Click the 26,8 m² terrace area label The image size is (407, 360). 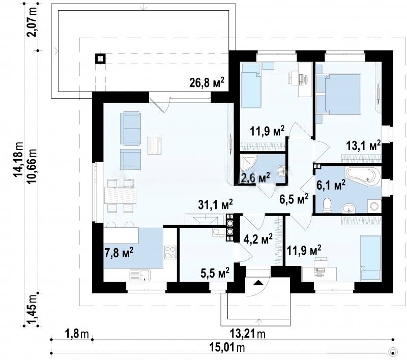(207, 82)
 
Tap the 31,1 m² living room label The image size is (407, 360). (215, 204)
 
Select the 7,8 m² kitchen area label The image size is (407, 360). (119, 252)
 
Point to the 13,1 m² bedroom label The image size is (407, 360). (363, 145)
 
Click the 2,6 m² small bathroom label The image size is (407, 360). (255, 177)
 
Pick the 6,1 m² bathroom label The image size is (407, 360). (331, 185)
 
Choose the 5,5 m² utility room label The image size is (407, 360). (215, 273)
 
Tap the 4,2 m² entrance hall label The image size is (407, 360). (258, 239)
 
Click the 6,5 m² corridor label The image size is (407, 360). (294, 199)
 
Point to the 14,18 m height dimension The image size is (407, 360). (19, 160)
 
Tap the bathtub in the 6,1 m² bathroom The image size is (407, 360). (363, 176)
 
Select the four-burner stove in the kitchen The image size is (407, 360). (170, 252)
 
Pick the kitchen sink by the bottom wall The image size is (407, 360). (140, 275)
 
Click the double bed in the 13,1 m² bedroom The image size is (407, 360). (342, 95)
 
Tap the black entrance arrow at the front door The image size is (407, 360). (258, 283)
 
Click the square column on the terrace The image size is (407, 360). (100, 59)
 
